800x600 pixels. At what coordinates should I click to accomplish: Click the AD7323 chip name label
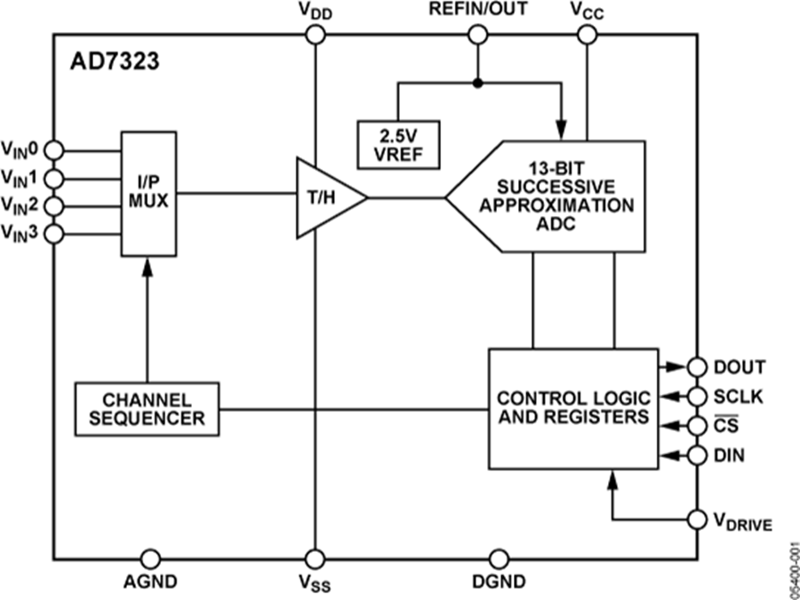105,64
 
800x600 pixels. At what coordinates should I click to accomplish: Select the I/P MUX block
148,193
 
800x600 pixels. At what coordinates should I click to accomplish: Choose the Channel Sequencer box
147,408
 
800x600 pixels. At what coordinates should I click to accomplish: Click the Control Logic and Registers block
573,408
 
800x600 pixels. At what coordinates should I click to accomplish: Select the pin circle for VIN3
53,235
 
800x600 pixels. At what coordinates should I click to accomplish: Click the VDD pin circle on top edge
315,35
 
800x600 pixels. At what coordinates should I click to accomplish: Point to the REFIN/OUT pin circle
478,35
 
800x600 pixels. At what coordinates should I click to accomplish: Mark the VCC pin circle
587,35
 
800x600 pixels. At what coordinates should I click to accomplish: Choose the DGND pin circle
499,558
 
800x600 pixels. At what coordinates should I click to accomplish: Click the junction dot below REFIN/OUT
478,84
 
